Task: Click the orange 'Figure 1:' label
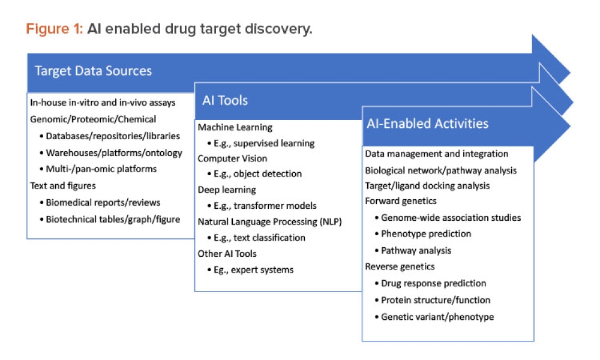54,29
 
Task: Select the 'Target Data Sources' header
93,71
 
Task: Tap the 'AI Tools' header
225,100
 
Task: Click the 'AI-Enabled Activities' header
427,124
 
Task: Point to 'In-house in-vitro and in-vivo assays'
103,103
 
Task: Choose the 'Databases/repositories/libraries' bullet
113,136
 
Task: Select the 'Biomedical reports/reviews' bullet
103,202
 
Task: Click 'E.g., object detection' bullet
257,174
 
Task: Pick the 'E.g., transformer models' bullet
265,206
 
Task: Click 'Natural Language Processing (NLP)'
269,221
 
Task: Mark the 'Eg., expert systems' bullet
253,269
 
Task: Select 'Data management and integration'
436,154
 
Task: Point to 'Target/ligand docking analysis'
427,185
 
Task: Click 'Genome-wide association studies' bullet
451,217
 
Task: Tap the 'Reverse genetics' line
400,266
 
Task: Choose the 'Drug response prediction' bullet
433,283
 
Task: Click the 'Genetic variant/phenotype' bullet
437,316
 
